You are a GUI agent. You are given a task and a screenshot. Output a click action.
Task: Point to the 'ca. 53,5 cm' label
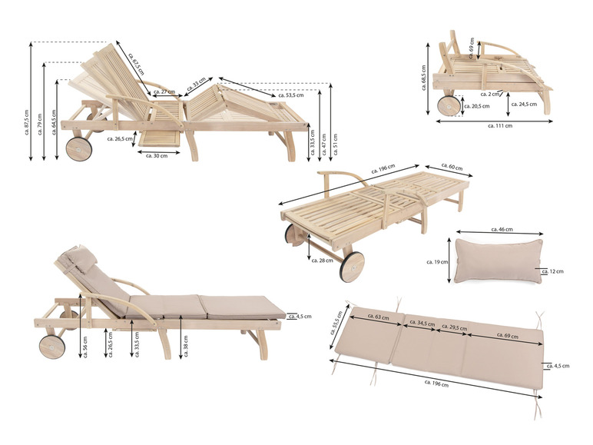click(x=288, y=95)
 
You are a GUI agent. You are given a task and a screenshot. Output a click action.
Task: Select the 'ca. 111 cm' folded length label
click(x=499, y=125)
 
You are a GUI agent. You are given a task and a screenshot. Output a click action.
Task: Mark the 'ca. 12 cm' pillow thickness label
click(x=552, y=271)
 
